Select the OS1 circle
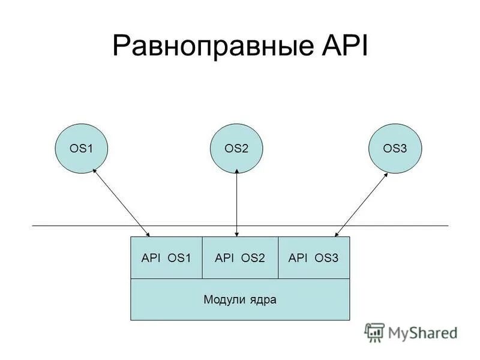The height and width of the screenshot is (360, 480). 82,148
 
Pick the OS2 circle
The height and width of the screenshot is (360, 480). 237,148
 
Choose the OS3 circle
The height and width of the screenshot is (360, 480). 395,148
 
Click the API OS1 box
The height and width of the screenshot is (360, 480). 166,258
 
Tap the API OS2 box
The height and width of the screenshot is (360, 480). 240,258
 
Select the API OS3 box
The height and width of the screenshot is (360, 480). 314,258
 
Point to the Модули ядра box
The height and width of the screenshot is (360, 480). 240,299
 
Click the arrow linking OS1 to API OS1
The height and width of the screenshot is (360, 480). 121,203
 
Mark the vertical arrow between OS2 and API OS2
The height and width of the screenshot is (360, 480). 238,203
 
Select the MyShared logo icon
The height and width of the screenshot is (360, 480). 374,332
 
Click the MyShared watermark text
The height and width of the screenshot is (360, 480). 422,332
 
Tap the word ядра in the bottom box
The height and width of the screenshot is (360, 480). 264,299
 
